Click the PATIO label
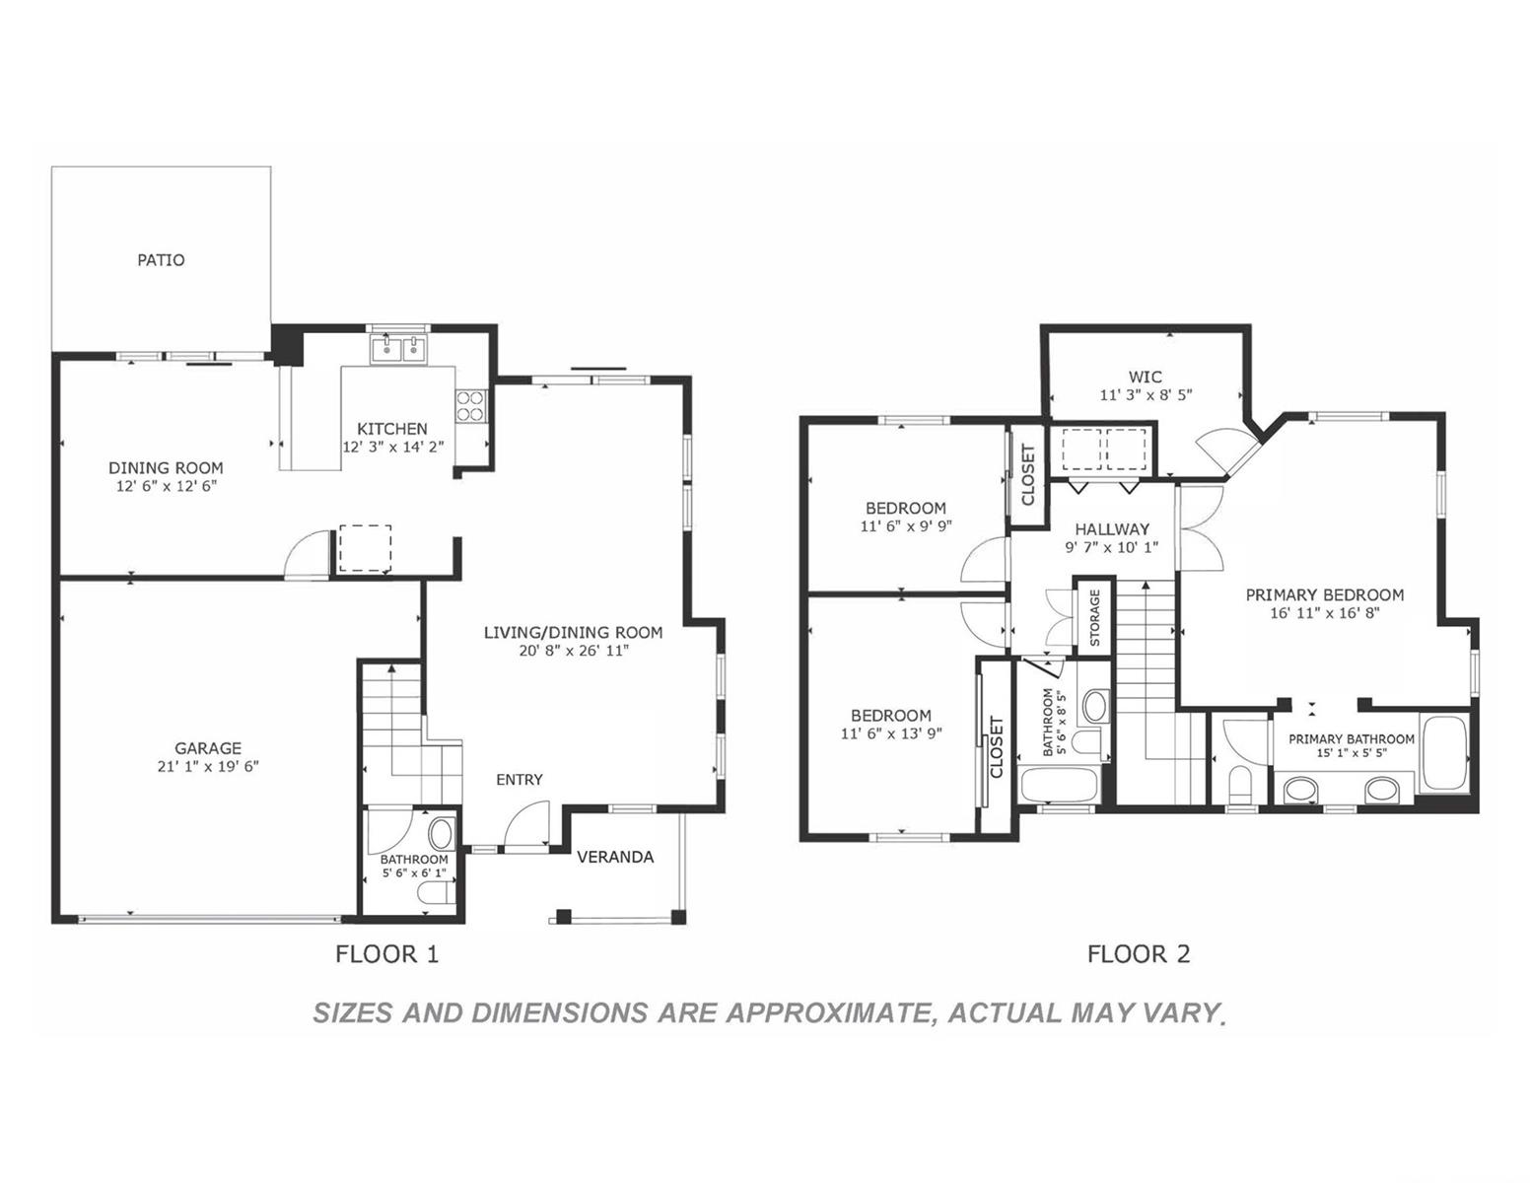161,260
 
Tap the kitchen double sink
398,349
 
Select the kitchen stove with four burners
470,405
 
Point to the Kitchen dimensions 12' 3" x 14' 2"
393,447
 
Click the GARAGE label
208,748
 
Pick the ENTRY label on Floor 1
519,780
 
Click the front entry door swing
526,828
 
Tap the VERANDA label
615,857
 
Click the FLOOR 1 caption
386,954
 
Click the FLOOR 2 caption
1139,954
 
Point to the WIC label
1146,378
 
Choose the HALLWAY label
1112,529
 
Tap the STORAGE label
1094,617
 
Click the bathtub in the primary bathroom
1445,752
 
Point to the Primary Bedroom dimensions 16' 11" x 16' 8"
1324,613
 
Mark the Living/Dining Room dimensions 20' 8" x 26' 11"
574,651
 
